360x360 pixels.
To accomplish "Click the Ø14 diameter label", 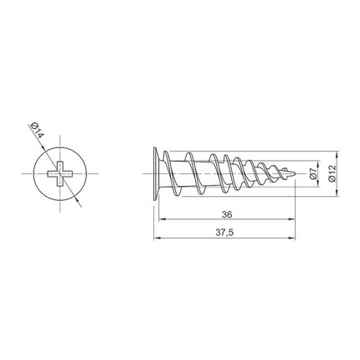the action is [x=38, y=130].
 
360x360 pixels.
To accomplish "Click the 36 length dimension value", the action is [x=227, y=214].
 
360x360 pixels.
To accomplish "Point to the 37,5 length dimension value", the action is [x=224, y=233].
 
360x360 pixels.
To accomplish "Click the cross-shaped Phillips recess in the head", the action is [x=60, y=173].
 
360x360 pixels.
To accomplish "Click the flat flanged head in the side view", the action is [x=157, y=173].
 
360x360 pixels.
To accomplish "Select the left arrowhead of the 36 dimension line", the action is [x=162, y=219].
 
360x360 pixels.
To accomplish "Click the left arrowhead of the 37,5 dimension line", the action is [x=157, y=239].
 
